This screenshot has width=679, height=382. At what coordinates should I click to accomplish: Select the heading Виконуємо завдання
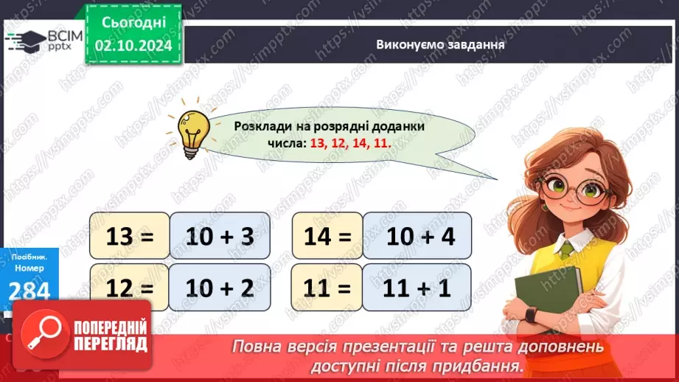440,44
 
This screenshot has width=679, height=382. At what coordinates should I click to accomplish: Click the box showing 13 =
129,237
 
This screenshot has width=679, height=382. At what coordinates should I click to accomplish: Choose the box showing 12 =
129,288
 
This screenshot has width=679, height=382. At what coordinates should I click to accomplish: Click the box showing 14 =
327,237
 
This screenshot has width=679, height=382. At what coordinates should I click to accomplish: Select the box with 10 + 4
417,237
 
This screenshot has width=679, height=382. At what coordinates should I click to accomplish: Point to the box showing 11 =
327,288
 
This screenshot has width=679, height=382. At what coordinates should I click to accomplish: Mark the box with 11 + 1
417,288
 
